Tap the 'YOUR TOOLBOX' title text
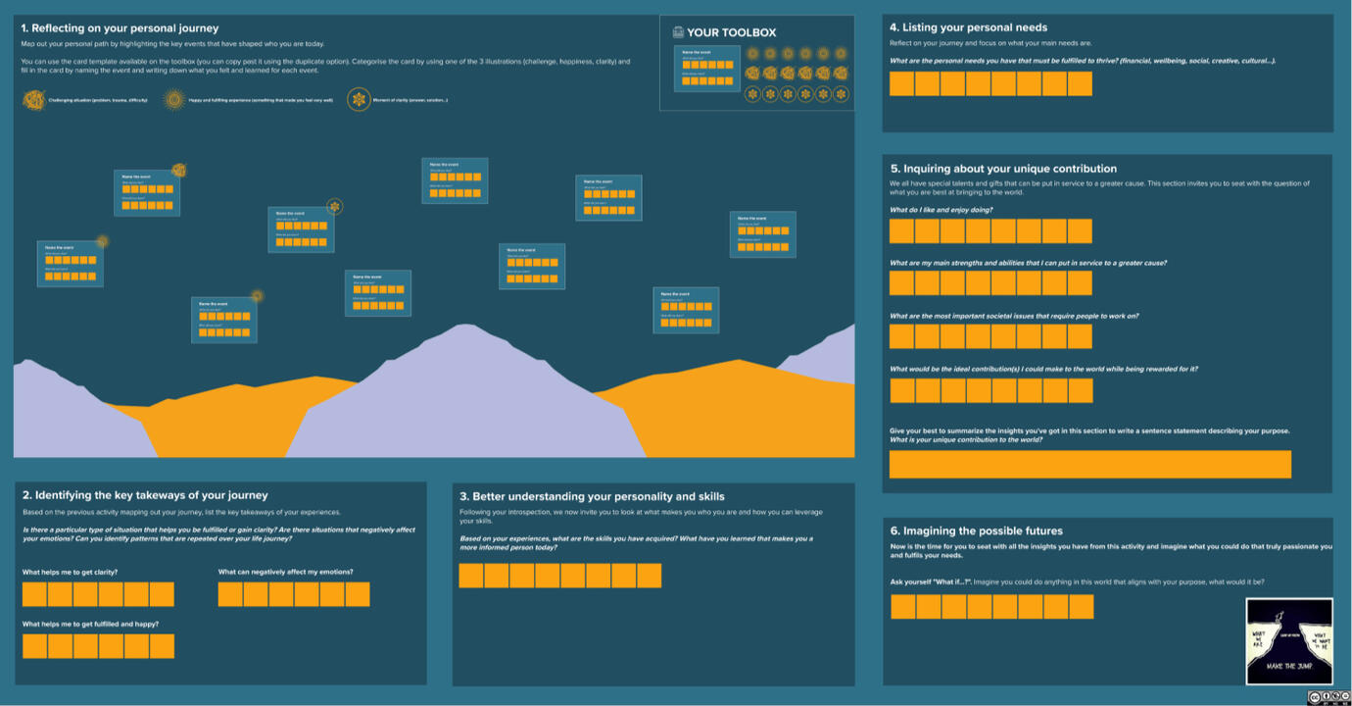[x=731, y=32]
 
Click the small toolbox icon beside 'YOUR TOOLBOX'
[x=678, y=32]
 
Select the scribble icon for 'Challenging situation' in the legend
[x=34, y=99]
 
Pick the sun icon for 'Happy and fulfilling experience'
[x=174, y=99]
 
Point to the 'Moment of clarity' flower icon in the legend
[x=359, y=99]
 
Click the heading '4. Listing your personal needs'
[x=968, y=27]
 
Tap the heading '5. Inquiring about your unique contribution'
[x=1003, y=169]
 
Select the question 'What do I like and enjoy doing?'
[x=941, y=210]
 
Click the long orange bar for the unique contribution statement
[x=1089, y=464]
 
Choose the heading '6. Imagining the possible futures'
[x=976, y=530]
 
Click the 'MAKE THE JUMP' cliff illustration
[x=1288, y=640]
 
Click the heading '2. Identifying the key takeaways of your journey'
[x=145, y=495]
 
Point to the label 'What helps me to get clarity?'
[x=70, y=572]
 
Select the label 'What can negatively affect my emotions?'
[x=285, y=572]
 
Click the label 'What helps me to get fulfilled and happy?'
[x=90, y=624]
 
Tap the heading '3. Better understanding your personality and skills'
[x=592, y=496]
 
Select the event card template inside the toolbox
[x=706, y=69]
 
